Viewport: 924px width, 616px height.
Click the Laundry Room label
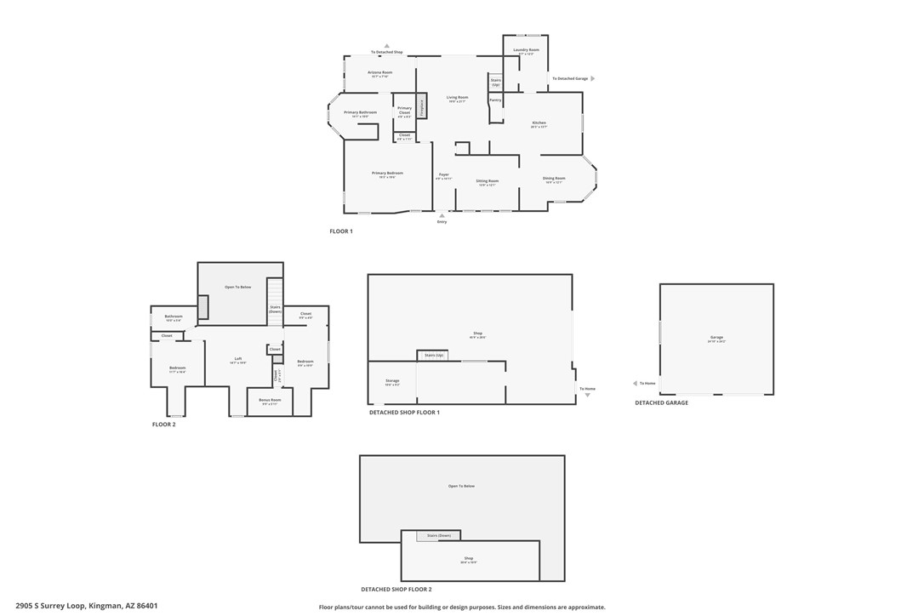[526, 50]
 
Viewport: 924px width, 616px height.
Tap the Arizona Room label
[379, 73]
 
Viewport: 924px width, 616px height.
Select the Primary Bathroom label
[360, 112]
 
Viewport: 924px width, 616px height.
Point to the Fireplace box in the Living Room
[420, 106]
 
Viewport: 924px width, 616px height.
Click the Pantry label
[495, 100]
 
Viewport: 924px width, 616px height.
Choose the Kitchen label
[539, 123]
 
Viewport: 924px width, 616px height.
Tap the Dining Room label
[554, 179]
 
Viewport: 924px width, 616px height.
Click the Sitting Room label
[487, 181]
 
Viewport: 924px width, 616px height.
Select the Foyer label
[443, 174]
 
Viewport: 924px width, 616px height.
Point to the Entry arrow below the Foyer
[442, 215]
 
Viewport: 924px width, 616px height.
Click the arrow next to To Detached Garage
[592, 78]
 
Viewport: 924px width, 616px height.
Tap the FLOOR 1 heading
[340, 231]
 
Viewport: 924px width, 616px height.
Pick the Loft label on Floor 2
[238, 359]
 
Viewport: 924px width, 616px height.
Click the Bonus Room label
[270, 400]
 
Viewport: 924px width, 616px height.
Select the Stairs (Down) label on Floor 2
[275, 309]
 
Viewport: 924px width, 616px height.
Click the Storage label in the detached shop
[392, 381]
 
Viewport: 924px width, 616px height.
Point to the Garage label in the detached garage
[716, 338]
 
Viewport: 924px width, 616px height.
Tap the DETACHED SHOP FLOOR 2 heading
[396, 590]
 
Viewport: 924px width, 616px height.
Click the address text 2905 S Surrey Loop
[50, 606]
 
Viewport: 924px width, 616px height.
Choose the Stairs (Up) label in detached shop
[434, 355]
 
